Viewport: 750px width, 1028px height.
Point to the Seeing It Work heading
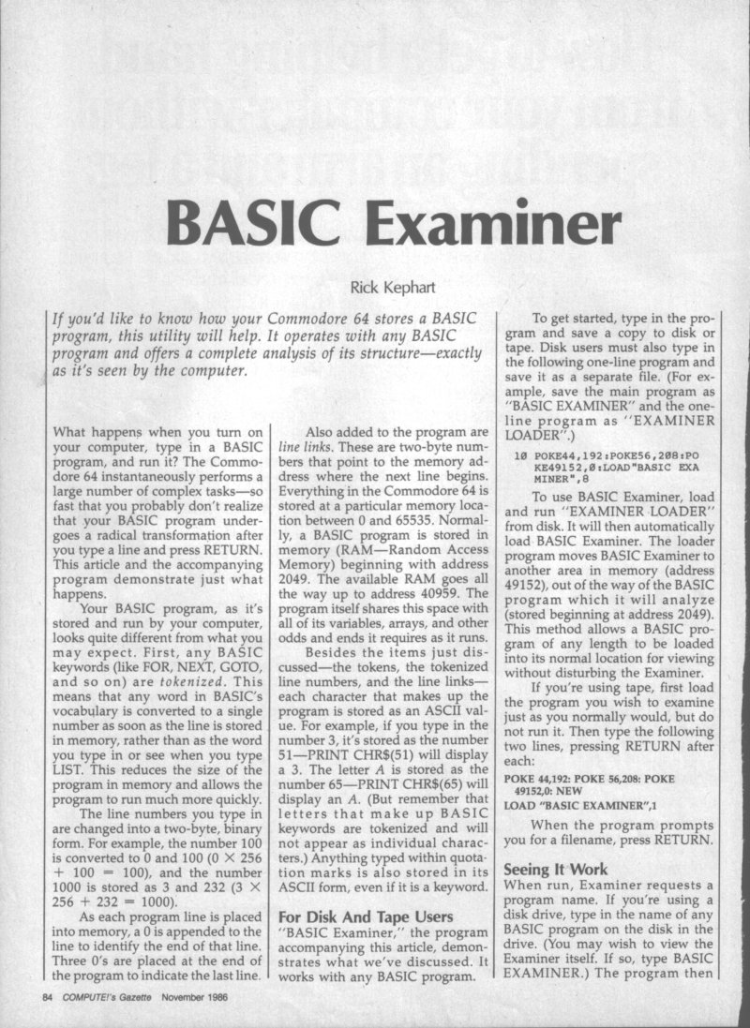(x=552, y=868)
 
